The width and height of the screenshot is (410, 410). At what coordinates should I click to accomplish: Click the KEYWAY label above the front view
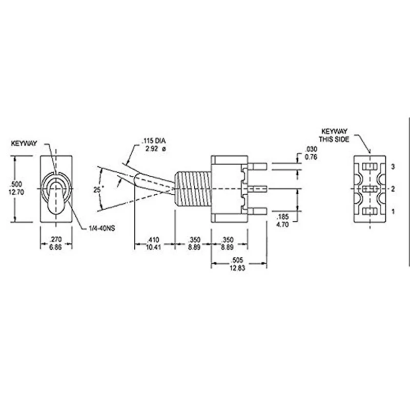(x=24, y=145)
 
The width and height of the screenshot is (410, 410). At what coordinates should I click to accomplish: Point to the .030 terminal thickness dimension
(x=311, y=149)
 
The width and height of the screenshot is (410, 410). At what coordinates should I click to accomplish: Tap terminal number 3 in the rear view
(x=393, y=167)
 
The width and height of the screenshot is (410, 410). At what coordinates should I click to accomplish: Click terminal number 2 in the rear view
(x=393, y=189)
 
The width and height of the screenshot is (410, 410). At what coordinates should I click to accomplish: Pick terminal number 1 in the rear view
(x=393, y=211)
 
